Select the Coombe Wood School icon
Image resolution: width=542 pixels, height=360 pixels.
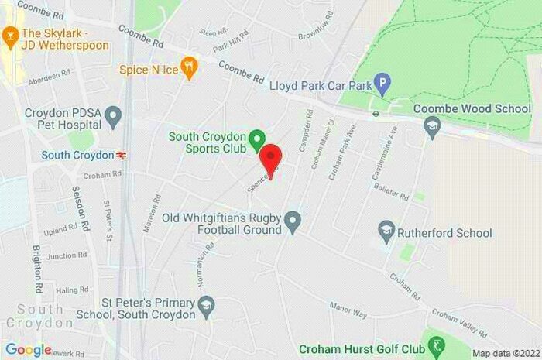click(432, 125)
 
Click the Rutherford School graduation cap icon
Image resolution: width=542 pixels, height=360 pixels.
click(386, 230)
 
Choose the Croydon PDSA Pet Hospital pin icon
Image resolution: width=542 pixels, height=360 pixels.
click(114, 118)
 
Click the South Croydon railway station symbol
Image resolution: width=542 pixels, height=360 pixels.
click(121, 155)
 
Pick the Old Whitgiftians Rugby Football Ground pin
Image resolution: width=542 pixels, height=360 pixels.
click(293, 223)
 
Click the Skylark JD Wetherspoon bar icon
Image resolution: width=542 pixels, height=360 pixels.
click(10, 35)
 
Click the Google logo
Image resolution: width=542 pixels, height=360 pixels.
click(28, 349)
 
